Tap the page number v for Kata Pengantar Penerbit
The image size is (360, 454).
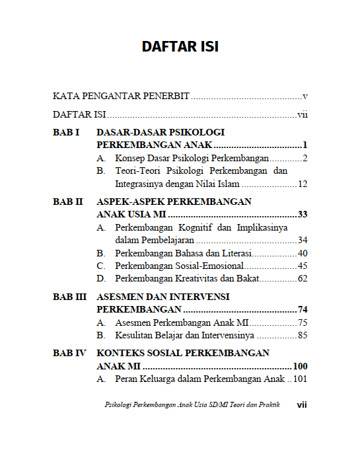coord(305,96)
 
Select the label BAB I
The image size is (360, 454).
coord(66,132)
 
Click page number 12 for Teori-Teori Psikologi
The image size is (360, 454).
coord(303,184)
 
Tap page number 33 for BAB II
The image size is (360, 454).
coord(303,215)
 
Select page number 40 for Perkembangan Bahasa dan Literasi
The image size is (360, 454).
coord(303,253)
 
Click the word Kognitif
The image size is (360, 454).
coord(195,228)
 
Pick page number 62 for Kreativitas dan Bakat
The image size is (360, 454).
coord(303,278)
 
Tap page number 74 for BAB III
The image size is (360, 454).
coord(303,310)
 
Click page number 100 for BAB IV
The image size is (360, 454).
coord(300,366)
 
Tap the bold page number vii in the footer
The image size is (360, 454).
coord(303,404)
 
